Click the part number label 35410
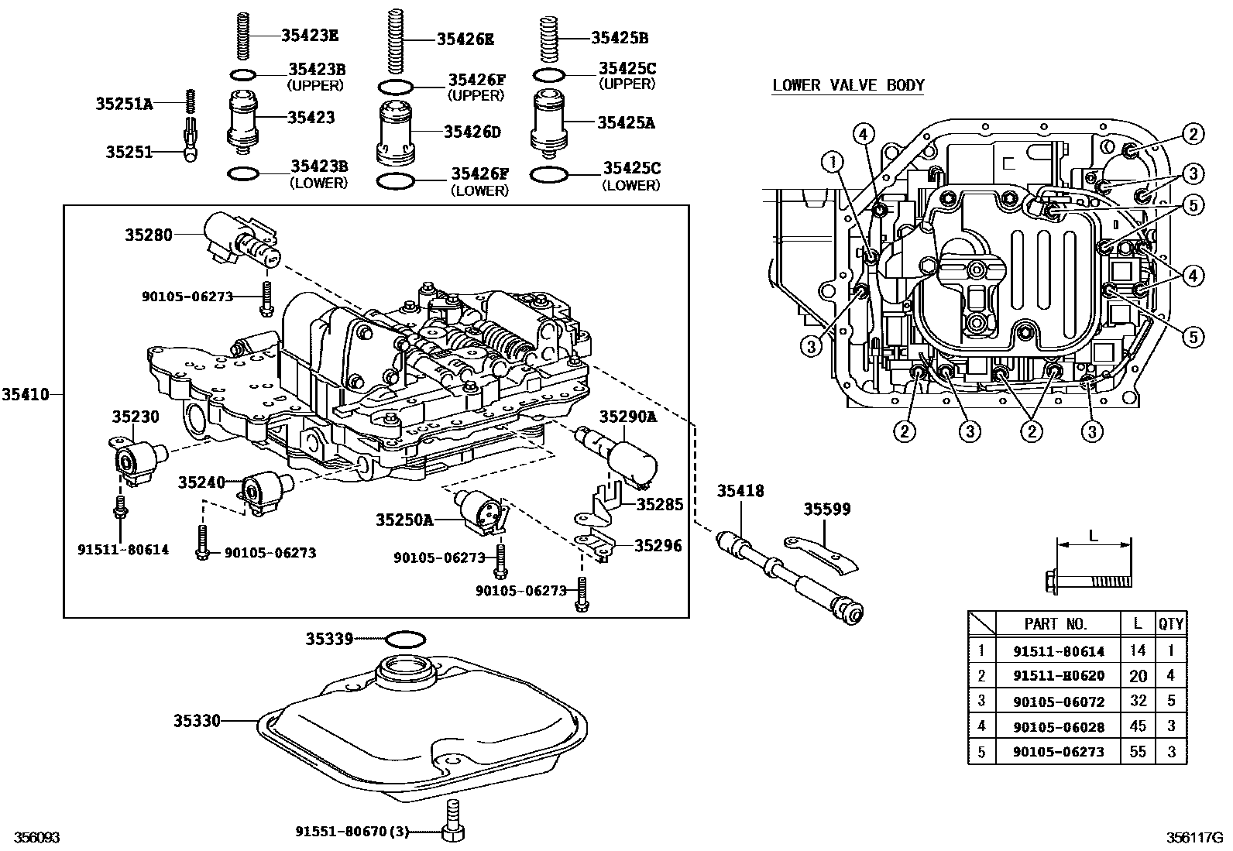tap(25, 395)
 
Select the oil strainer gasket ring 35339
tap(404, 640)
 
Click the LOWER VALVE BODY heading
tap(848, 85)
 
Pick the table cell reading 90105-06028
tap(1059, 727)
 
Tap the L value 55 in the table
tap(1137, 752)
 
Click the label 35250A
tap(404, 520)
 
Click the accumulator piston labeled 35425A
tap(550, 122)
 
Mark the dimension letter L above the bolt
tap(1093, 535)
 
